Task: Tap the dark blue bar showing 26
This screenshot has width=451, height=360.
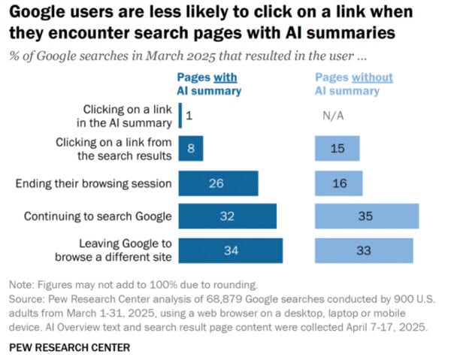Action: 219,183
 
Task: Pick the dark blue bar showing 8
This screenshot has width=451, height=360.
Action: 191,149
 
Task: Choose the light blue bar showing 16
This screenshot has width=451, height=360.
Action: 337,183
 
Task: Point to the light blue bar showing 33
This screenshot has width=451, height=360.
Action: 363,250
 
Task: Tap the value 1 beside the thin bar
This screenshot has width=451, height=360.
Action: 189,116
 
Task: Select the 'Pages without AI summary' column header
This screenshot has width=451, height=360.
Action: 353,84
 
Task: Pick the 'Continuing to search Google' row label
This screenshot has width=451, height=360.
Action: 98,216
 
